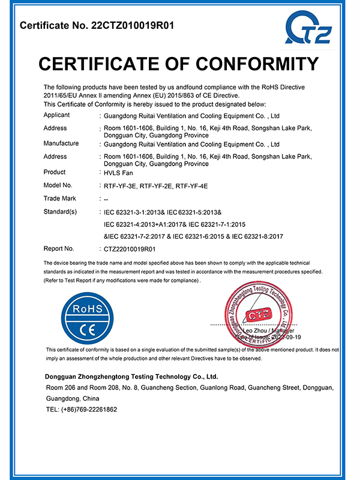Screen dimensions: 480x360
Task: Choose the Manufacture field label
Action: tap(61, 143)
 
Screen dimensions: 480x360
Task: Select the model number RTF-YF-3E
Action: tap(120, 185)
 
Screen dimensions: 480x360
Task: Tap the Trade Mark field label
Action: tap(61, 198)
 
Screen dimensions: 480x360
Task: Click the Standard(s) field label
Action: tap(61, 212)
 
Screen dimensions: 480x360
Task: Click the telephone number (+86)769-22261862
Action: tap(89, 409)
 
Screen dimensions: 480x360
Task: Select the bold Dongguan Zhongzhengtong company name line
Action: tap(131, 377)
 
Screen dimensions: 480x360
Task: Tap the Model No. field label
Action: tap(58, 185)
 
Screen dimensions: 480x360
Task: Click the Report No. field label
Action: tap(59, 248)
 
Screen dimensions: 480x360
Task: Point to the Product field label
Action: tap(55, 172)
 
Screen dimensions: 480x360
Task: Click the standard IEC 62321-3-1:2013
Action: tap(133, 212)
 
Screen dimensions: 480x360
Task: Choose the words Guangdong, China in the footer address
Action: tap(73, 398)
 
